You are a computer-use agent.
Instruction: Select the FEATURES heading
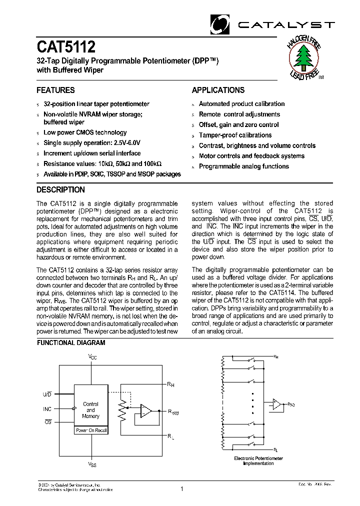click(55, 90)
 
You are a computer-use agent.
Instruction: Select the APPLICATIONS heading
click(218, 90)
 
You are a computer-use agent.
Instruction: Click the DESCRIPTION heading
click(60, 190)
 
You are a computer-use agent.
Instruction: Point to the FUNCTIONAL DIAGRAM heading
click(71, 343)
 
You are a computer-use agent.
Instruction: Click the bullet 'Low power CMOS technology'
click(85, 132)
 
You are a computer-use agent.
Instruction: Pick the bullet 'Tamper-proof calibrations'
click(235, 135)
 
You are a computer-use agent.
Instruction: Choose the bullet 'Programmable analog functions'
click(243, 166)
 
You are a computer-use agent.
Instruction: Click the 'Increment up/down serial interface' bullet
click(92, 153)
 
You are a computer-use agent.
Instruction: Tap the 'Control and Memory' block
click(90, 410)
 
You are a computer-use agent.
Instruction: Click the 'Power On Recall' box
click(90, 430)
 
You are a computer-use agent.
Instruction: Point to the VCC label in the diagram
click(92, 356)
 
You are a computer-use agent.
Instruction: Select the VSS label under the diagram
click(92, 464)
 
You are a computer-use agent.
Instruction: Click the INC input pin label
click(47, 409)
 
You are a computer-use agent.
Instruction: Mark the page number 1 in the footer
click(181, 489)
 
